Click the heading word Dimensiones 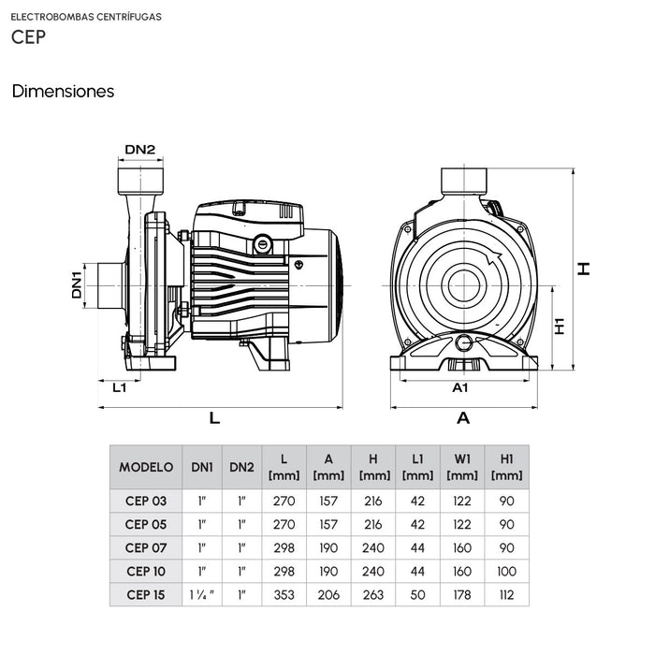point(63,92)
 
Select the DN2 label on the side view point(140,149)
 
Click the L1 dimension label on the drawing point(119,386)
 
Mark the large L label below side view point(214,418)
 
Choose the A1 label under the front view point(460,386)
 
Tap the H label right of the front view point(585,269)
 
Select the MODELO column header point(146,467)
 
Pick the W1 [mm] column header point(462,467)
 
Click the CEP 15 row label point(146,594)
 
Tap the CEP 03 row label point(146,502)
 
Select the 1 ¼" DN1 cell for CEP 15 point(202,594)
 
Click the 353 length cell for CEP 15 point(284,594)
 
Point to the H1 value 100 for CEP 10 point(506,571)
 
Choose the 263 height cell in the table point(373,594)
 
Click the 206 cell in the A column point(328,594)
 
